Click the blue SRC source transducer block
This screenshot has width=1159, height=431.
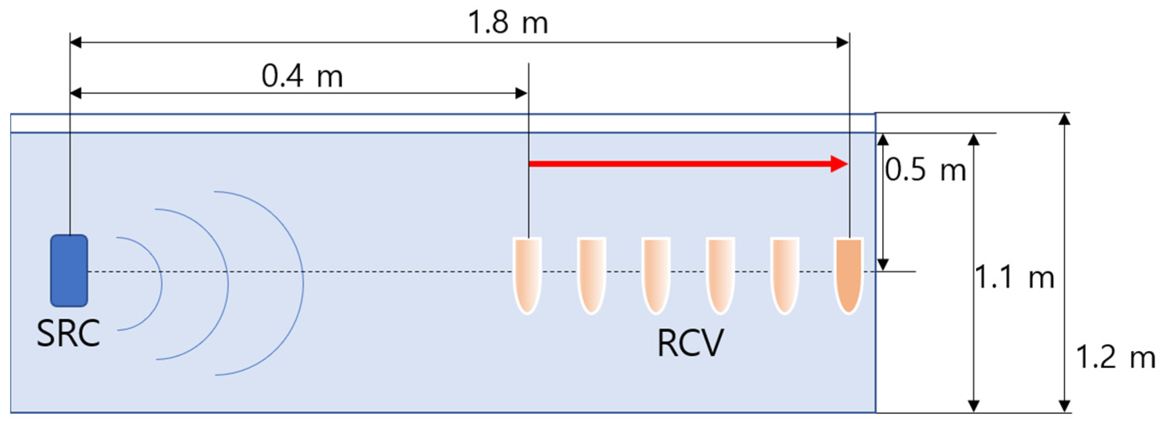tap(69, 271)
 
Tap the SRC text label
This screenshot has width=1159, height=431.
tap(68, 334)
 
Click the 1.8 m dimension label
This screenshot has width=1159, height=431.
tap(508, 23)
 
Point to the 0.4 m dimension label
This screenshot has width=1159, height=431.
tap(302, 77)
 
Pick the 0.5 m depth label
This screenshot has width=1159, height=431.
tap(925, 171)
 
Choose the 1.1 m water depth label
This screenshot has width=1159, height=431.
tap(1014, 277)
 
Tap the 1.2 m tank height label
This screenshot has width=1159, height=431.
tap(1115, 358)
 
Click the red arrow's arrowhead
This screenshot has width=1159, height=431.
tap(840, 164)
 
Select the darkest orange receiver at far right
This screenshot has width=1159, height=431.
tap(849, 275)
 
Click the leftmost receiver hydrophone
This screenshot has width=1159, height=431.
tap(527, 275)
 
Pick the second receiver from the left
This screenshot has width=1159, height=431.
tap(592, 275)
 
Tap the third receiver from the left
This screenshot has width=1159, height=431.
tap(656, 275)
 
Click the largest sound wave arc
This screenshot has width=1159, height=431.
tap(303, 283)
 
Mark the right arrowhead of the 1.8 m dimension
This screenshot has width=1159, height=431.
tap(843, 43)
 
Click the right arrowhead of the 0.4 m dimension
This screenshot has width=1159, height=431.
tap(521, 93)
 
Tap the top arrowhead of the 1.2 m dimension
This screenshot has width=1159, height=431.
tap(1064, 119)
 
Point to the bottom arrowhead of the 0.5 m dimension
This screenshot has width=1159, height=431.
tap(883, 265)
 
